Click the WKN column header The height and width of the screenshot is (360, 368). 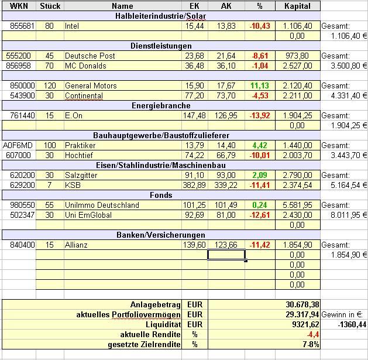[18, 6]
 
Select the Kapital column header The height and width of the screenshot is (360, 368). [297, 6]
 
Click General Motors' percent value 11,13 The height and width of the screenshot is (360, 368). [257, 85]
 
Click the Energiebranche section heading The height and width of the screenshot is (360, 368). [161, 106]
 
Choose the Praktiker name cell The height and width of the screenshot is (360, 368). [80, 145]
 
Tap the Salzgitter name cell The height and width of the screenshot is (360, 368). [81, 175]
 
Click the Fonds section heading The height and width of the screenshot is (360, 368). [161, 195]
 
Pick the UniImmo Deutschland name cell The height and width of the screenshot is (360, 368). [102, 205]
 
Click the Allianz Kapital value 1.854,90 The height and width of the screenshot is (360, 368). [297, 245]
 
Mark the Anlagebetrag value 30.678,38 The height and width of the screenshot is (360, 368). [302, 305]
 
